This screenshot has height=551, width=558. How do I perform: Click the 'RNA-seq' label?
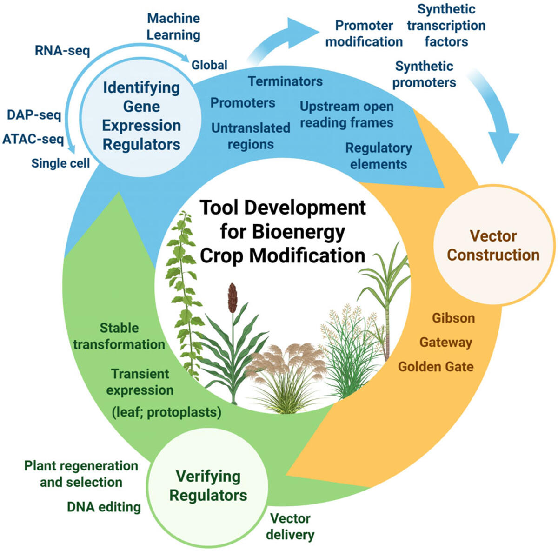click(x=62, y=50)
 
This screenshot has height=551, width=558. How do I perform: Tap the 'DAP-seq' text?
click(x=34, y=115)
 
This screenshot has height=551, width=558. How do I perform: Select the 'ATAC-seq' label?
click(x=33, y=139)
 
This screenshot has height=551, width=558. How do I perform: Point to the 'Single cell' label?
click(x=60, y=163)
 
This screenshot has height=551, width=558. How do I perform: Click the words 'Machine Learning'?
click(x=173, y=27)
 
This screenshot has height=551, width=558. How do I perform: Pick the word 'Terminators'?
click(x=285, y=81)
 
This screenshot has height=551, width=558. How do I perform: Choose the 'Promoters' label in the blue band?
click(x=243, y=103)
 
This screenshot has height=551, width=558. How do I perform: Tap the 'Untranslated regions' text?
click(x=251, y=136)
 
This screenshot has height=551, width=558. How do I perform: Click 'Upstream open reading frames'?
click(x=346, y=114)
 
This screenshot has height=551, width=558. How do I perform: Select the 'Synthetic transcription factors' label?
click(x=446, y=26)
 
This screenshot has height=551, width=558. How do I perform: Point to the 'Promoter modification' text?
click(x=364, y=34)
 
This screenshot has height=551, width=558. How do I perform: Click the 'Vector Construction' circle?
click(x=493, y=245)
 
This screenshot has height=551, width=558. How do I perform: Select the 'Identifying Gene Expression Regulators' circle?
click(x=141, y=116)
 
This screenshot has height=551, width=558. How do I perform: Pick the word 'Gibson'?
click(x=453, y=318)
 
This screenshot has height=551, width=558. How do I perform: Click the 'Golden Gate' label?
click(x=436, y=366)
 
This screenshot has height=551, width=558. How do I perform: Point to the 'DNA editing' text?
click(x=104, y=507)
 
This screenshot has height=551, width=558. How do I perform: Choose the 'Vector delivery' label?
click(x=290, y=526)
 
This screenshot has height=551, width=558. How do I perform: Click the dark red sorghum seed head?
click(x=232, y=298)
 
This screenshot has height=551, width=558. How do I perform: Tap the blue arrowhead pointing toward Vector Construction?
click(x=504, y=146)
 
